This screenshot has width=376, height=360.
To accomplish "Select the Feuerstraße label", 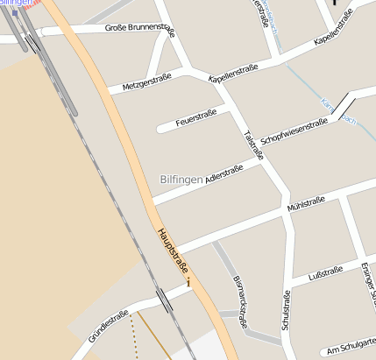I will [195, 116].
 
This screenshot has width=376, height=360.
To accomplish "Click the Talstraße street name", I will [253, 145].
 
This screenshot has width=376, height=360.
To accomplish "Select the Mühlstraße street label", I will [306, 206].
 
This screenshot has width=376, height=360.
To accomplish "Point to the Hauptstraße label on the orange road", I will [173, 251].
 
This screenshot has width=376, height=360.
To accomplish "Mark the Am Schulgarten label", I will [350, 349].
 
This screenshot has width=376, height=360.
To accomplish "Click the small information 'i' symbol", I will [188, 283].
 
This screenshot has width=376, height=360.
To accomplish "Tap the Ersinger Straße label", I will [367, 280].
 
